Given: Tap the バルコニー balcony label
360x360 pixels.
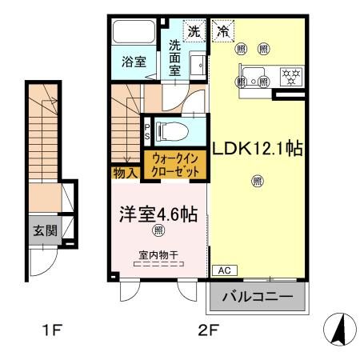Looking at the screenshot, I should pos(258,298).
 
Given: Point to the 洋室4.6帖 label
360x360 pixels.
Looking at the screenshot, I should pos(158,215).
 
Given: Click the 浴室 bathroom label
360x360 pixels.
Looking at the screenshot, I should pos(134,61).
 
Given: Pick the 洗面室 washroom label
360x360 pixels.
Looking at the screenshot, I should pos(175,59).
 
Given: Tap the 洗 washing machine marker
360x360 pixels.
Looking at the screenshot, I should pos(193,32).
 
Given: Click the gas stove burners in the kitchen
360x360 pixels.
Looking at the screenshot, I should pos(288,77).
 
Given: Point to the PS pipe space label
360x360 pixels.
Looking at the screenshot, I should pos(147,130).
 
